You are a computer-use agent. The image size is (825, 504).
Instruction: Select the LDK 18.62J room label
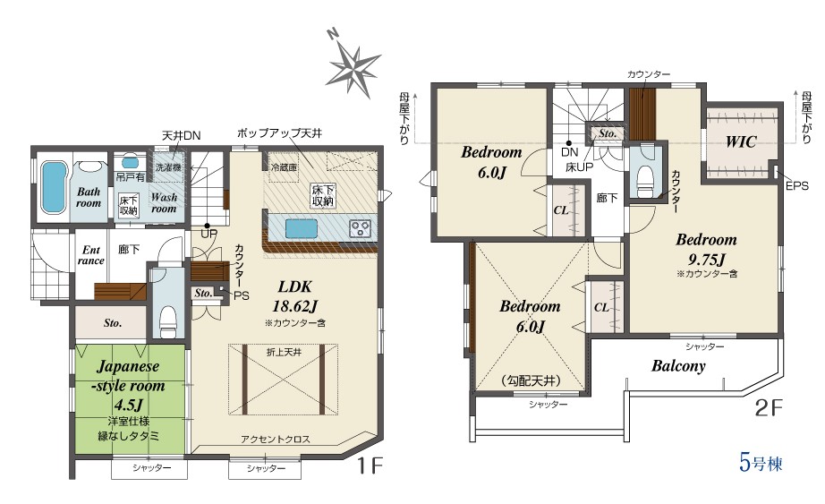pyautogui.click(x=294, y=296)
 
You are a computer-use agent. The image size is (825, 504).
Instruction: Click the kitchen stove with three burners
pyautogui.click(x=361, y=228)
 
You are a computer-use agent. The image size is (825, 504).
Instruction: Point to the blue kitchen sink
pyautogui.click(x=302, y=228)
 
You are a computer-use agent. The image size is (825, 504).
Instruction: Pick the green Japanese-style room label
pyautogui.click(x=128, y=385)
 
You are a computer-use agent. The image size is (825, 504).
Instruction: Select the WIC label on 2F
pyautogui.click(x=741, y=141)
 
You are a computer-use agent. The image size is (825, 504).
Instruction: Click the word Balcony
pyautogui.click(x=678, y=365)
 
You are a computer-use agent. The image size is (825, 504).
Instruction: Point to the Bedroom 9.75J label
pyautogui.click(x=706, y=249)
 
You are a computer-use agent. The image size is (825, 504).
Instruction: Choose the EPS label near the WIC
pyautogui.click(x=796, y=186)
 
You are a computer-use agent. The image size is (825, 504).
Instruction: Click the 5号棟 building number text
pyautogui.click(x=761, y=464)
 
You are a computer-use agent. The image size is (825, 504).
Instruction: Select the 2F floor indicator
pyautogui.click(x=770, y=408)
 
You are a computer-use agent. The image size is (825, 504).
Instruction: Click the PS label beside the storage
pyautogui.click(x=242, y=296)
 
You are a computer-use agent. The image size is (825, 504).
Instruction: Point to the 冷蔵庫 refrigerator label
pyautogui.click(x=285, y=167)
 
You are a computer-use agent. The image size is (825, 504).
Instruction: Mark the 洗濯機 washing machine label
pyautogui.click(x=168, y=167)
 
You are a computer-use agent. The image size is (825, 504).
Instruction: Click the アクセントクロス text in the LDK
pyautogui.click(x=276, y=439)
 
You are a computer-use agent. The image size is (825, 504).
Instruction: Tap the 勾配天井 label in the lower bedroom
pyautogui.click(x=531, y=380)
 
